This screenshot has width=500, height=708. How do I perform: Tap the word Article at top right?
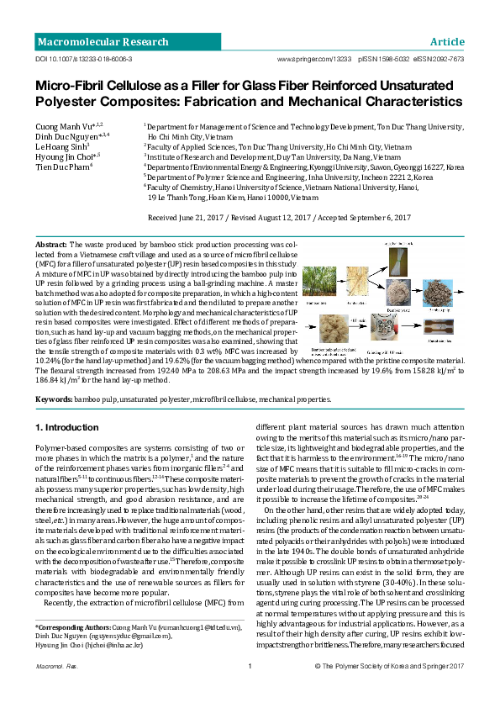tap(446, 42)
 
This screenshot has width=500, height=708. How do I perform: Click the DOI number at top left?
tap(83, 61)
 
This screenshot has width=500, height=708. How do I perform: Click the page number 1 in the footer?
tap(250, 690)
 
